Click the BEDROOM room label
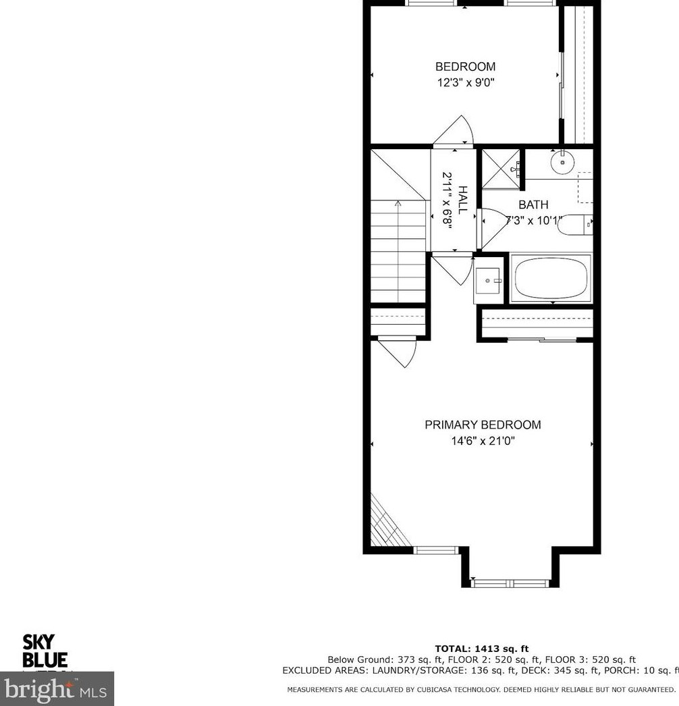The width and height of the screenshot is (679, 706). tap(465, 67)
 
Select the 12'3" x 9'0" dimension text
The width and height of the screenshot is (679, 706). tap(465, 83)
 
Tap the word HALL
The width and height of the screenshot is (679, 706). tap(463, 200)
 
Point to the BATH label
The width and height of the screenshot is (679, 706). tap(533, 205)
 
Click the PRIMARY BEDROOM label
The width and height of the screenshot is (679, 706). tap(483, 425)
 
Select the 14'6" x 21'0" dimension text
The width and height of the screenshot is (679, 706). tap(483, 441)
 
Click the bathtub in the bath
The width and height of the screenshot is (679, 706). tap(551, 278)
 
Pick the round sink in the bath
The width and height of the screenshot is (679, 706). tap(562, 162)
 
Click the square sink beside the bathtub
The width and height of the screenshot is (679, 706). tap(487, 280)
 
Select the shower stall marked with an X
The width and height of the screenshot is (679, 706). tap(500, 169)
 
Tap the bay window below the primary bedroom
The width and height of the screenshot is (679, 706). tap(510, 582)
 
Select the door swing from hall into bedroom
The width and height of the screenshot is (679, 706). tap(455, 131)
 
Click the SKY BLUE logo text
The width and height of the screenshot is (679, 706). tap(45, 651)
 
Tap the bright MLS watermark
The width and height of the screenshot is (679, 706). tap(57, 690)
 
